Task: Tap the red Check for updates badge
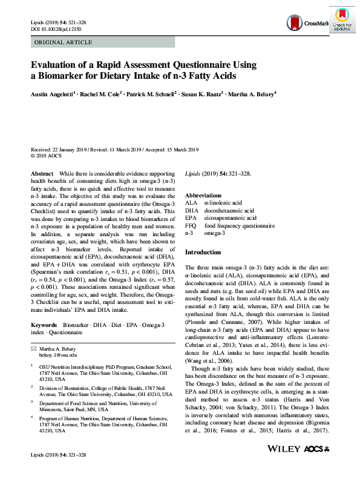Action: point(342,18)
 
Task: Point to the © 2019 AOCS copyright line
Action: point(48,155)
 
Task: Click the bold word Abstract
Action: point(42,173)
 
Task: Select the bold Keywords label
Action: point(45,326)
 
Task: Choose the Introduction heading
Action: point(203,252)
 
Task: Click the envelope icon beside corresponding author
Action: point(33,350)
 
